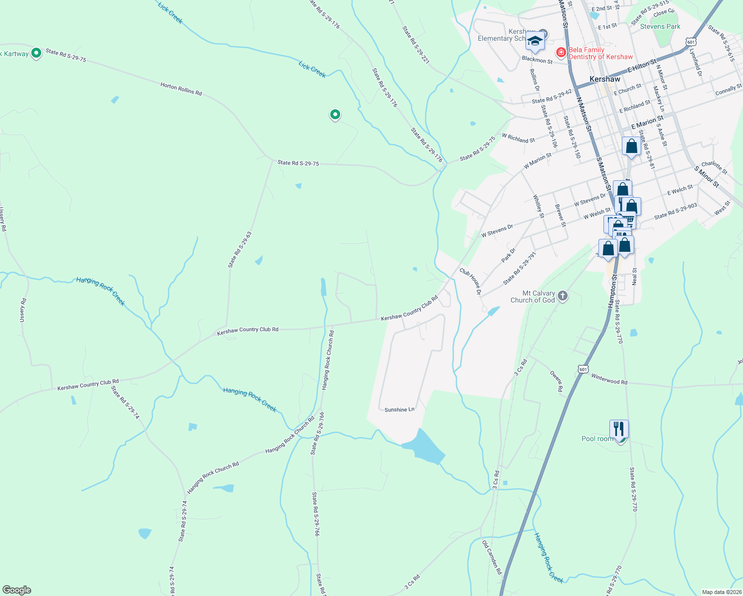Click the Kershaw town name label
coord(604,79)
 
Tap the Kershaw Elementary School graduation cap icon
coord(534,42)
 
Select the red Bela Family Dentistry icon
coord(561,52)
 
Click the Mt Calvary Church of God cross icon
coord(563,297)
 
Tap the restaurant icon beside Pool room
coord(618,429)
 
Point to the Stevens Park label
coord(660,26)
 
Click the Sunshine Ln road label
coord(399,410)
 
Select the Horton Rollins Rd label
coord(181,89)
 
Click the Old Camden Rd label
coord(492,558)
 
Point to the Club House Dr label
coord(470,282)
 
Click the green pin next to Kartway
coord(36,52)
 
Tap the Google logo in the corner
coord(17,590)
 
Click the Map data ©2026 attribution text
coord(721,592)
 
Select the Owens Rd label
coord(556,380)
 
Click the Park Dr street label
coord(509,255)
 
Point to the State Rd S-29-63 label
coord(240,250)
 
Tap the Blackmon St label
coord(537,60)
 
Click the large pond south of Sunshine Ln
coord(424,446)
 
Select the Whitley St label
coord(538,206)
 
